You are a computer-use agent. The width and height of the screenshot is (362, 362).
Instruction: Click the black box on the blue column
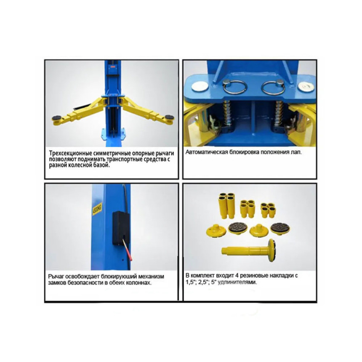(121, 228)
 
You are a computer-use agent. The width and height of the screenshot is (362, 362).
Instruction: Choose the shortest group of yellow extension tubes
(268, 210)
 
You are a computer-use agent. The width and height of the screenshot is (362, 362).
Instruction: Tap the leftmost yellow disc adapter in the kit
(216, 231)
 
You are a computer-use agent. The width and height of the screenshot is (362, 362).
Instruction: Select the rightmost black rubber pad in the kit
(281, 229)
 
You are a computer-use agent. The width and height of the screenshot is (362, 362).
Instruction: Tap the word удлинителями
(237, 282)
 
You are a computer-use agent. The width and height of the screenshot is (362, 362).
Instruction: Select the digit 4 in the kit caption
(237, 275)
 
